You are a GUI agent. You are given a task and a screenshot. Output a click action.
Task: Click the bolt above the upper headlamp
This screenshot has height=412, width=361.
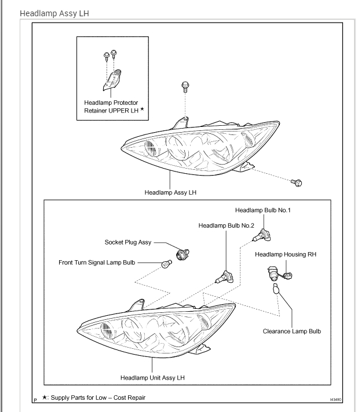(185, 86)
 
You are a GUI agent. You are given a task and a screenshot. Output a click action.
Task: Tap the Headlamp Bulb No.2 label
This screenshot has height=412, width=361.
(226, 225)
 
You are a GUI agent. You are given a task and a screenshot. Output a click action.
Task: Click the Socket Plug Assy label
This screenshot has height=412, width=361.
(127, 243)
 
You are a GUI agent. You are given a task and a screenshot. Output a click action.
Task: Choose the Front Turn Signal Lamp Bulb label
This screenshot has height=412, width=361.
(97, 262)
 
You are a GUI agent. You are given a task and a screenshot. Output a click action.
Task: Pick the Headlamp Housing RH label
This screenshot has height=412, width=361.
(285, 254)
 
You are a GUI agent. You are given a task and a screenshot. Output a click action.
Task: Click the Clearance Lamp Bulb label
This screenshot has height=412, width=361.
(291, 331)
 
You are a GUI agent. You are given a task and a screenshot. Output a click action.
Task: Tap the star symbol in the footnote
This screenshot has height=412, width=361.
(45, 397)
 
